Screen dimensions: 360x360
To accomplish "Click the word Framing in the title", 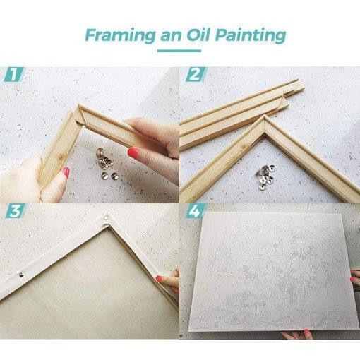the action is tap(120, 35).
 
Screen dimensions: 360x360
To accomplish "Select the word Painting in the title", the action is tap(251, 35).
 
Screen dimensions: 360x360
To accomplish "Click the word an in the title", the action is tap(171, 36).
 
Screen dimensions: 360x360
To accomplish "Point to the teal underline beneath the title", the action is tap(179, 51).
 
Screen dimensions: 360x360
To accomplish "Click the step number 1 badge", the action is tap(14, 74).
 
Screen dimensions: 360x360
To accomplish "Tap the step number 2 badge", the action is tap(196, 74).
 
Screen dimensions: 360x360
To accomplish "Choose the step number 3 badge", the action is tap(16, 210).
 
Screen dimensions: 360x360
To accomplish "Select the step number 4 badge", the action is tap(196, 210).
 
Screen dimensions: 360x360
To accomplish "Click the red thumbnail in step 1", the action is tap(66, 172).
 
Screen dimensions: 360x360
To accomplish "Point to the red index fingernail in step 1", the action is tap(133, 152).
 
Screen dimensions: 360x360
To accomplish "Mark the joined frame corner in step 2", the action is tap(265, 125).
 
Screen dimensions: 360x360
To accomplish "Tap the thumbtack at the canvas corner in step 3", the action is tap(105, 218).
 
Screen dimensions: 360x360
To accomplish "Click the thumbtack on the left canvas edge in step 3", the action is tap(21, 274).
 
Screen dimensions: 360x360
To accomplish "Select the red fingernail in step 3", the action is tap(160, 279).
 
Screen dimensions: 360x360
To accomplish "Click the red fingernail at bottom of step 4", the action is tap(307, 332).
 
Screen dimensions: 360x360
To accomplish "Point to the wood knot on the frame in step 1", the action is tap(61, 157).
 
